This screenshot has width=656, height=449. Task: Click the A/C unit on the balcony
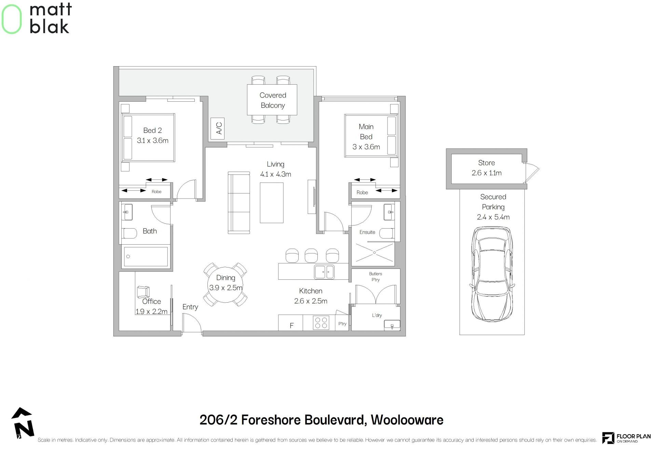tap(218, 129)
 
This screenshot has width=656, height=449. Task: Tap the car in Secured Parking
tap(493, 274)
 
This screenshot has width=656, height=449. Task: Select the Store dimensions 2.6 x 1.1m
tap(487, 173)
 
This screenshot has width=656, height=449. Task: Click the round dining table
tap(225, 284)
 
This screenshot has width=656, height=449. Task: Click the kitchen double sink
tap(324, 272)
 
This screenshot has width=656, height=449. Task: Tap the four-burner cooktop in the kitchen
tap(321, 323)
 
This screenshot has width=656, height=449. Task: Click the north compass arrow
tap(23, 422)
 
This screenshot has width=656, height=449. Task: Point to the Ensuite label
tap(367, 232)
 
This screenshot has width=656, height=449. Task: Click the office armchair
tap(143, 292)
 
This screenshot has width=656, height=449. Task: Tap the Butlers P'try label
tap(375, 277)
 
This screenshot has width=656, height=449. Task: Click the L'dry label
tap(377, 315)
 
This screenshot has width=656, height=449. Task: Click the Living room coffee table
tap(272, 203)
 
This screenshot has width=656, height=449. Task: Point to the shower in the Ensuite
tap(374, 253)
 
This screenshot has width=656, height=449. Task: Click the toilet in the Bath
tap(129, 233)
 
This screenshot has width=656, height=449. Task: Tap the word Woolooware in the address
tap(407, 420)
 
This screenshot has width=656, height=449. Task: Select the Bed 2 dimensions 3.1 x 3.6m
tap(152, 141)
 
